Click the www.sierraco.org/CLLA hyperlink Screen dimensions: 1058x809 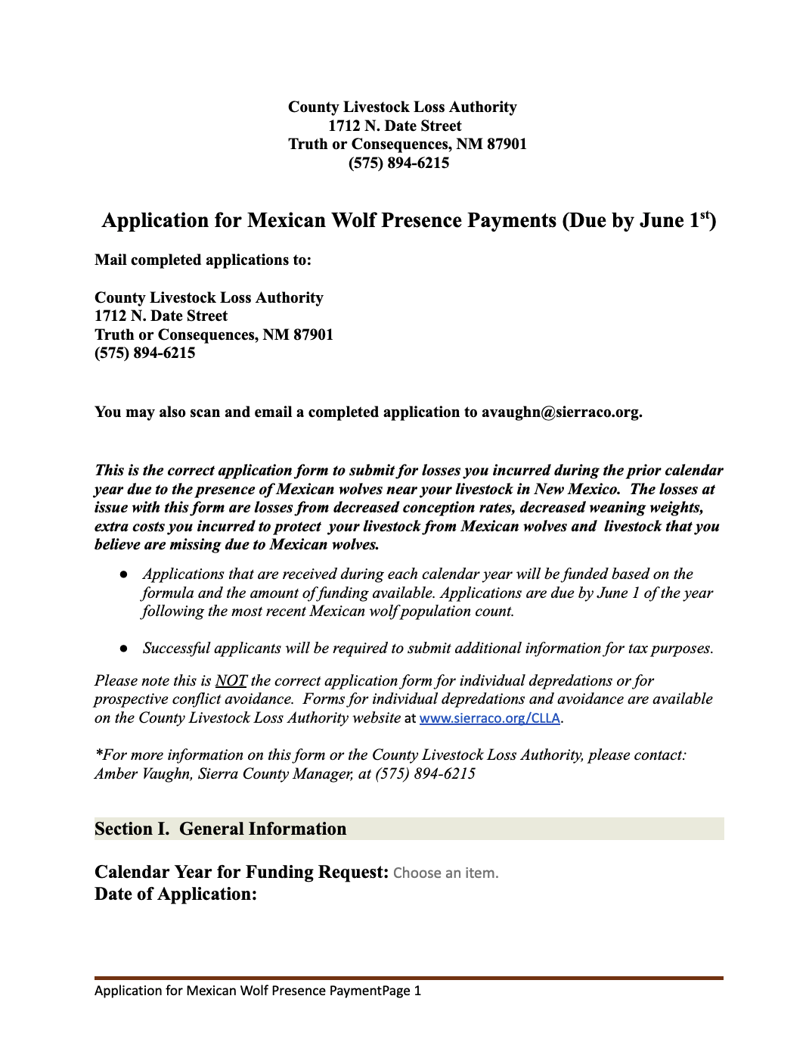coord(489,718)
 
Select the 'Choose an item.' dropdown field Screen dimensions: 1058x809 coord(445,873)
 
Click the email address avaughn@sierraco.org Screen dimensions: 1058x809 coord(561,412)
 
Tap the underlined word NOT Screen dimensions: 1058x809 coord(231,681)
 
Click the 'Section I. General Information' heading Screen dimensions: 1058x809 coord(220,829)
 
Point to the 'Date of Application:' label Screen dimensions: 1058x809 coord(175,895)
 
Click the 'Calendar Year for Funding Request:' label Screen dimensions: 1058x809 coord(241,873)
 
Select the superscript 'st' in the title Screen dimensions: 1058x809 coord(705,215)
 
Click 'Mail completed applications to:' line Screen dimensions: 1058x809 coord(203,260)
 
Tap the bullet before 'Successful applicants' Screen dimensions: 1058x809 coord(123,649)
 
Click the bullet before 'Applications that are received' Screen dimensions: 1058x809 coord(123,575)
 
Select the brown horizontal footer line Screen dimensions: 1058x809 coord(408,979)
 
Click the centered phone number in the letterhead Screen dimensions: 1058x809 coord(398,163)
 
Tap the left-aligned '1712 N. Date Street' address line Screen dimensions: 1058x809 coord(161,316)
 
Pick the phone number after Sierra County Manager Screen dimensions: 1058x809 coord(426,774)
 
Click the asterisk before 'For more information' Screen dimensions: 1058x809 coord(98,754)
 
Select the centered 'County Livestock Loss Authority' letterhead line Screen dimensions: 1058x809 coord(402,107)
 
